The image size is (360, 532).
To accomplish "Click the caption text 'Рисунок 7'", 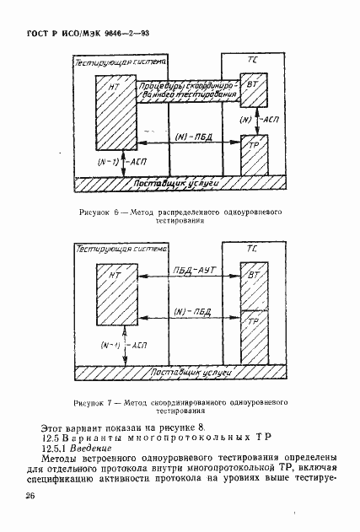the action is point(92,404).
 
